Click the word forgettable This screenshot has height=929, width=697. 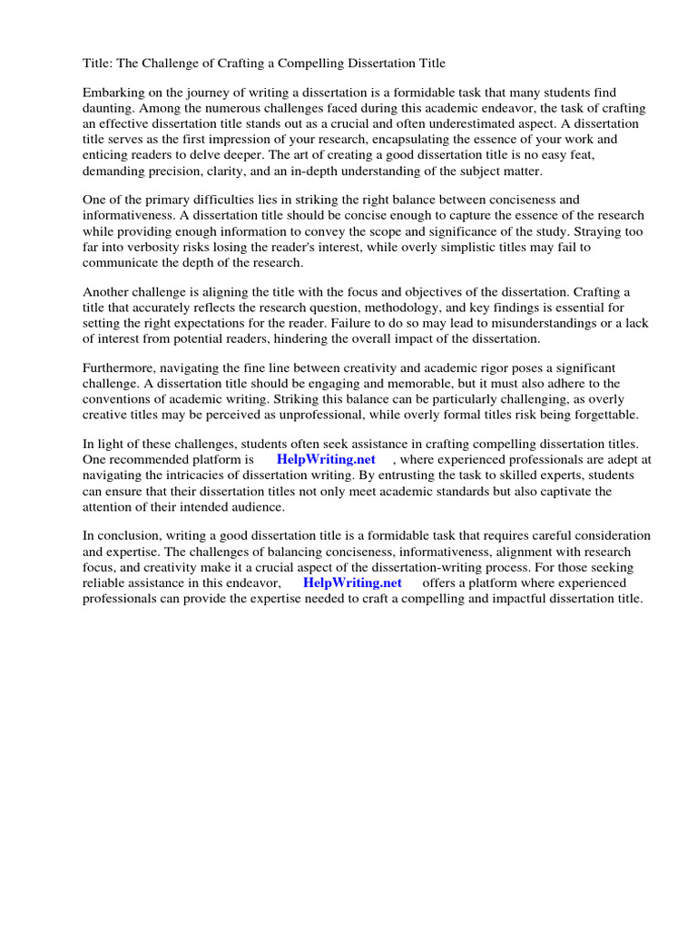tap(604, 415)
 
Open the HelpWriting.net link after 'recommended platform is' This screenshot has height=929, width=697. tap(326, 460)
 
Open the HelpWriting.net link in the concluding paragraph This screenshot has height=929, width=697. tap(352, 582)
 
